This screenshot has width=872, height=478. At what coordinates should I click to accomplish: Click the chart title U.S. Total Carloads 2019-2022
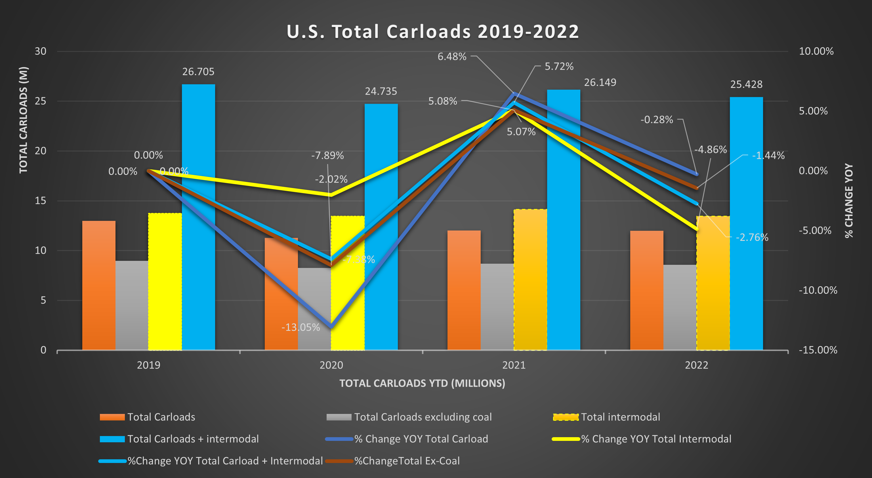[433, 32]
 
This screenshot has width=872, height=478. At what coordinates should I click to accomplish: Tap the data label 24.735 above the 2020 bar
[381, 91]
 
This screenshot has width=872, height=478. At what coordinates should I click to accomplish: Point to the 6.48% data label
[452, 56]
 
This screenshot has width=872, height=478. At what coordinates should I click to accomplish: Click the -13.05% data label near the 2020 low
[301, 327]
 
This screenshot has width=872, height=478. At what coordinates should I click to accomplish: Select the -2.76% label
[752, 238]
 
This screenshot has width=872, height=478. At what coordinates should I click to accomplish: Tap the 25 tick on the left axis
[41, 101]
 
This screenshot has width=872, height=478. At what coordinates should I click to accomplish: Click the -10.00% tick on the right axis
[818, 290]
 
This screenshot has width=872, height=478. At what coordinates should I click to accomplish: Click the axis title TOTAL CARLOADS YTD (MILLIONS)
[422, 383]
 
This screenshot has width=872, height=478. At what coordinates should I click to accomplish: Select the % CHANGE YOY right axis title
[849, 201]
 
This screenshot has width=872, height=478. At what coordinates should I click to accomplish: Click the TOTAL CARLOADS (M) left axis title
[23, 120]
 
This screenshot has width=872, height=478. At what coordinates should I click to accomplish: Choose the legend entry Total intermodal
[620, 417]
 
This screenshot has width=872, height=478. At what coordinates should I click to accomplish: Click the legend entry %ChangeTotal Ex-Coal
[407, 461]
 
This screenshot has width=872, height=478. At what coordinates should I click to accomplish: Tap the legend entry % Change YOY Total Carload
[421, 439]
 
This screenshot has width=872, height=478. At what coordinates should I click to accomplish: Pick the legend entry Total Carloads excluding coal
[423, 417]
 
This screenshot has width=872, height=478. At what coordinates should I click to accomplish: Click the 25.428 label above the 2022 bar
[746, 84]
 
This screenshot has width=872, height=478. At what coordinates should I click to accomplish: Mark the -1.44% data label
[768, 156]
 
